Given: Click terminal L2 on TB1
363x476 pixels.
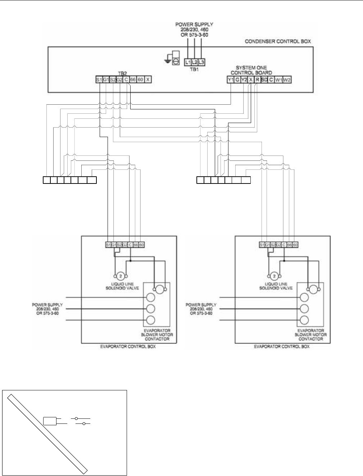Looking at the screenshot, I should [194, 62].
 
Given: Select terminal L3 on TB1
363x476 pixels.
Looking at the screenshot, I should [201, 62].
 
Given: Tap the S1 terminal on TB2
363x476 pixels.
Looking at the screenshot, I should [99, 80].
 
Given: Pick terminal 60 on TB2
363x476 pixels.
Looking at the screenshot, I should [140, 80].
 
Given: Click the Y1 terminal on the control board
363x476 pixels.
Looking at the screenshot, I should [231, 80].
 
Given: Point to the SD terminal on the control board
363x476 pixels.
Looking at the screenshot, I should [264, 80].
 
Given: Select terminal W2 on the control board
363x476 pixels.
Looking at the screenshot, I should [287, 80].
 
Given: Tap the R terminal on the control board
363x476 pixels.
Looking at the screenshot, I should [257, 80].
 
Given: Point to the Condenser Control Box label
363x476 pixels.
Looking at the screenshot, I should [278, 41].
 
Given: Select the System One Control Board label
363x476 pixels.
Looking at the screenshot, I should [251, 70].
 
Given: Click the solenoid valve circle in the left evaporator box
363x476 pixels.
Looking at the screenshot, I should [121, 276].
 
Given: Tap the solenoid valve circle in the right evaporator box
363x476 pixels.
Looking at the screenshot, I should [274, 276].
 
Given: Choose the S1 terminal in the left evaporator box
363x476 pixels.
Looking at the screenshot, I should [108, 245].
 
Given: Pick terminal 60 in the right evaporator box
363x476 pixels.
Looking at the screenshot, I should [295, 245].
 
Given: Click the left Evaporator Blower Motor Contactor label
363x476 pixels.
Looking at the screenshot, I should [157, 335].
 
